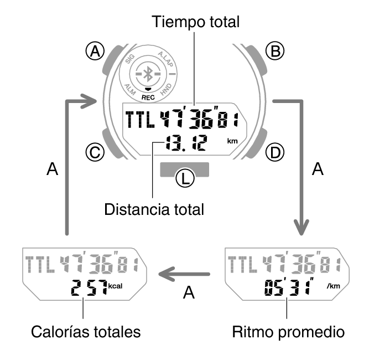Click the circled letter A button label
(97, 52)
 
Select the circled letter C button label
(97, 151)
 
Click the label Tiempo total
(196, 22)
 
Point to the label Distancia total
(154, 209)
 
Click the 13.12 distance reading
(185, 143)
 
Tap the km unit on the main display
(232, 141)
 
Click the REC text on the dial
(147, 96)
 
